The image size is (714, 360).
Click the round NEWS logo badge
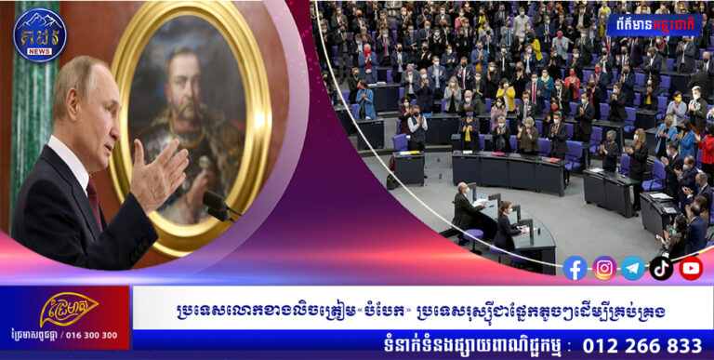coord(39,34)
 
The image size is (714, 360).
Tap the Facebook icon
coord(575,269)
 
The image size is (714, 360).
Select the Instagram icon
coord(604,269)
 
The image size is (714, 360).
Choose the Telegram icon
coord(633,269)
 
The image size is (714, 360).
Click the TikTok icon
coord(661,269)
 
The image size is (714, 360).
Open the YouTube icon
coord(690,269)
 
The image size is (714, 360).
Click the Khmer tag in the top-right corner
coord(656,20)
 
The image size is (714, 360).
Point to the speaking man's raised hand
coord(159,173)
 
